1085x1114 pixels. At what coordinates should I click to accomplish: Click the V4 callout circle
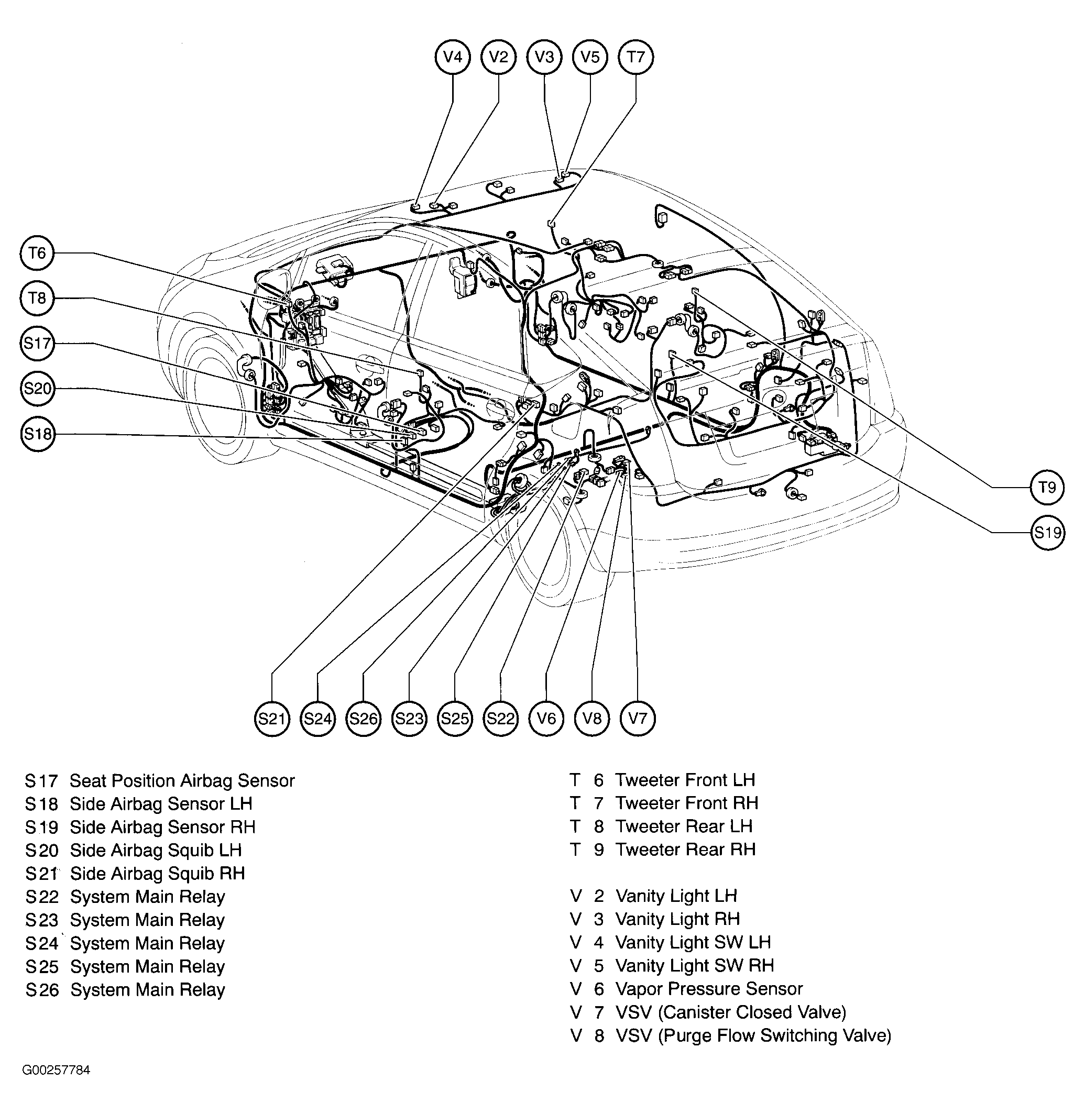pos(453,57)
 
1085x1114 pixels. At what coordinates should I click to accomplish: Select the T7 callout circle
pos(635,57)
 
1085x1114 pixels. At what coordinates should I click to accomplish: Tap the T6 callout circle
pos(37,252)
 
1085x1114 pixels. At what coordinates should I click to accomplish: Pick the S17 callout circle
pos(37,343)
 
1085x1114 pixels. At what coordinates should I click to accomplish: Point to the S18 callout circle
pos(37,434)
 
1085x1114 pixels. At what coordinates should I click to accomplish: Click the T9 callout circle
pos(1047,487)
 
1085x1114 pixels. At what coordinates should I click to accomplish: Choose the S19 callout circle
pos(1047,533)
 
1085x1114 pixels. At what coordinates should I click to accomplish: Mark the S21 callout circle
pos(272,719)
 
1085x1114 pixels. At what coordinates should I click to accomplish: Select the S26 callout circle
pos(363,719)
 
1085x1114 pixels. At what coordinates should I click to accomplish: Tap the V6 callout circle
pos(546,719)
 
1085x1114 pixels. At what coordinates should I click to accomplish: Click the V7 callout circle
pos(638,719)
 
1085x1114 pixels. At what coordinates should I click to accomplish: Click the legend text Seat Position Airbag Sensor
pos(182,781)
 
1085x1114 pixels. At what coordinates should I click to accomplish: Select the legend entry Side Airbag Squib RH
pos(157,874)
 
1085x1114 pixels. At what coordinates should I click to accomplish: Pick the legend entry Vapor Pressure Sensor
pos(708,989)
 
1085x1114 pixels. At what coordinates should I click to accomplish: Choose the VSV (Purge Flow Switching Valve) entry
pos(753,1035)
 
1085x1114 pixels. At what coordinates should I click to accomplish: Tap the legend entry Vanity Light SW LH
pos(693,943)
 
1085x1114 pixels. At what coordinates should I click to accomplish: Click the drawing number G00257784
pos(56,1070)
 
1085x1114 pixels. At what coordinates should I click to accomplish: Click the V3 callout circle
pos(544,57)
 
